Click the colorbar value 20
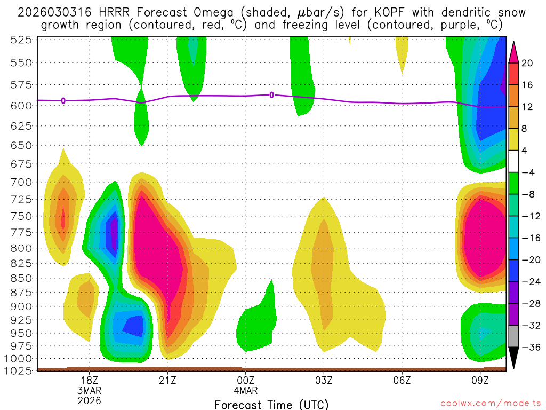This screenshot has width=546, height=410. click(528, 63)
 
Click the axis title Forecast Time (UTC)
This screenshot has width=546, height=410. click(271, 404)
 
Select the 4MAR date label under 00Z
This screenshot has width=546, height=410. click(245, 390)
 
